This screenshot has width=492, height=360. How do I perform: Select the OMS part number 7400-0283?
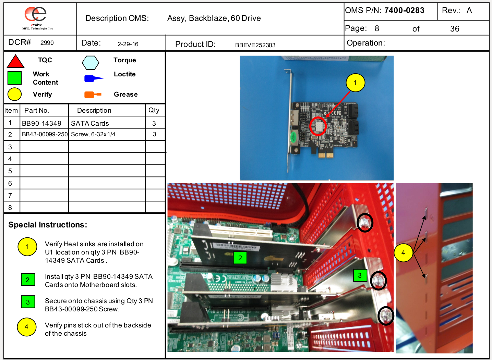tap(404, 10)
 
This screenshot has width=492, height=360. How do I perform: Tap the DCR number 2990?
tap(47, 42)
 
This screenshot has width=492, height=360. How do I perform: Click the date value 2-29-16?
tap(128, 44)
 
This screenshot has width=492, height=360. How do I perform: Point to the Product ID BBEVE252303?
tap(255, 45)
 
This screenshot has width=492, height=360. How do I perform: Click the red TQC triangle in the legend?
tap(15, 61)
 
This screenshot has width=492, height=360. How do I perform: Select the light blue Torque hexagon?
tap(90, 63)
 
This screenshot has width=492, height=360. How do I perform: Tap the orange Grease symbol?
tap(93, 95)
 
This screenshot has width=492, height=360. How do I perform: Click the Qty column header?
tap(154, 110)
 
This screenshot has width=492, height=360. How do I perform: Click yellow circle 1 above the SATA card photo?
tap(356, 83)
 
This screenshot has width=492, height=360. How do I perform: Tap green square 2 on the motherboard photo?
tap(240, 258)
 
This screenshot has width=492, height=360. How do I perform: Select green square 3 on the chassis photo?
tap(360, 275)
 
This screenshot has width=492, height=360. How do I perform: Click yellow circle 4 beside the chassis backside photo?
tap(403, 253)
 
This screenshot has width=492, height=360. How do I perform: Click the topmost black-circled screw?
tap(365, 223)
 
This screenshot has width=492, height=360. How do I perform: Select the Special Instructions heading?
tap(48, 225)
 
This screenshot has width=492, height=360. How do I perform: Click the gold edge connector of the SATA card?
tap(325, 155)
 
